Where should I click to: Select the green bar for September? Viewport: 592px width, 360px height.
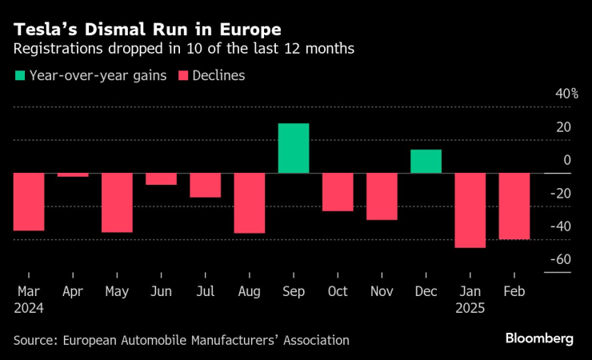pos(294,148)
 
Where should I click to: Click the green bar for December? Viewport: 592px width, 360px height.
pos(426,161)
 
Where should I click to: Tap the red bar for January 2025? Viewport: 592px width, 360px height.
pos(470,210)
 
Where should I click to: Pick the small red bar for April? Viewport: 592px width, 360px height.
pos(73,174)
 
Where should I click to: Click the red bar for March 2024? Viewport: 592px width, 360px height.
pos(29,202)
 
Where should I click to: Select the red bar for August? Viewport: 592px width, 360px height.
pos(249,203)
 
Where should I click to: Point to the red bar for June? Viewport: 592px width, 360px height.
pos(161,179)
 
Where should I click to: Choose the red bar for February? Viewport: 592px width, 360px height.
pos(514,206)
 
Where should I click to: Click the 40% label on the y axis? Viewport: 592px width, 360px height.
pos(567,94)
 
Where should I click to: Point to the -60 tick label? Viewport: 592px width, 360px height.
pos(560,259)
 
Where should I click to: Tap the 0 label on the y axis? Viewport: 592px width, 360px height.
pos(567,160)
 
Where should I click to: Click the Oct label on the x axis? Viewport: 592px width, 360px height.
pos(337,292)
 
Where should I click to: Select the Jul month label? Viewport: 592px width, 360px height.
pos(205,292)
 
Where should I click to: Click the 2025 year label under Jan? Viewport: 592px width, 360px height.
pos(469,307)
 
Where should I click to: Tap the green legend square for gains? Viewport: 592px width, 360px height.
pos(20,76)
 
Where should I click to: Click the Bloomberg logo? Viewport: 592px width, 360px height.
pos(539,338)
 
